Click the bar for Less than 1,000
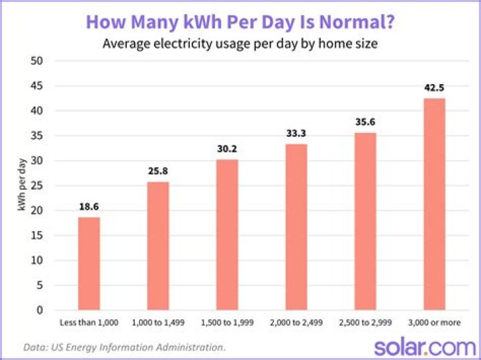click(89, 263)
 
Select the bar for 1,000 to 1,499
click(158, 246)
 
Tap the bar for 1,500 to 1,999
click(226, 234)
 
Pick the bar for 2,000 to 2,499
click(296, 226)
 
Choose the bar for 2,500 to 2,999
click(365, 221)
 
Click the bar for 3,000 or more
click(434, 204)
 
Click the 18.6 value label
click(89, 206)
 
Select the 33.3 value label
click(296, 132)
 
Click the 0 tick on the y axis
click(41, 311)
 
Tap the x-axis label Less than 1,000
click(89, 323)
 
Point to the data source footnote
click(124, 347)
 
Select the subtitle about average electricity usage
click(240, 44)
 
